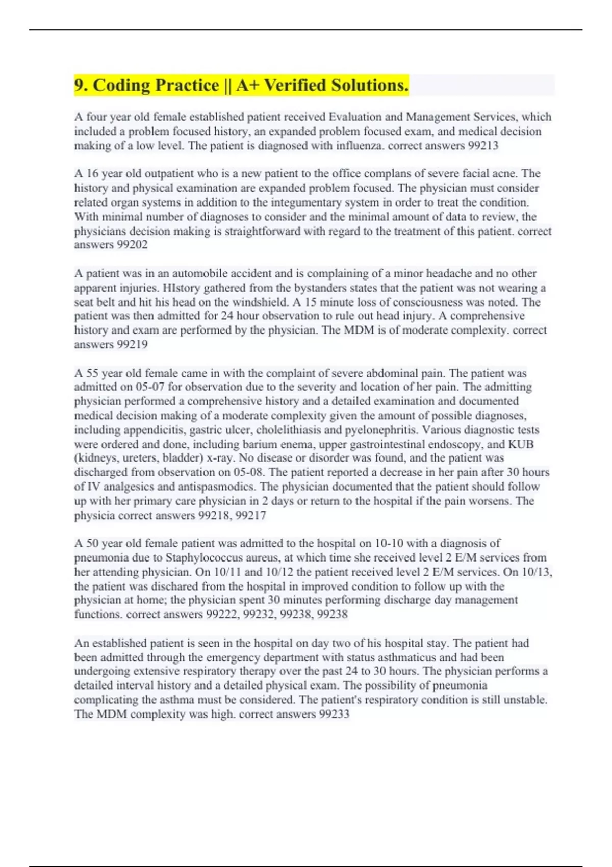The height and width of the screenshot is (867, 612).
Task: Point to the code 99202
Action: click(132, 245)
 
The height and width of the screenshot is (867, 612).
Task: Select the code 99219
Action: click(132, 345)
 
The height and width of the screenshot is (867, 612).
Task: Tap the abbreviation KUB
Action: click(521, 444)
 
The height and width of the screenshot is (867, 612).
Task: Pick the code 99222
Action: click(222, 615)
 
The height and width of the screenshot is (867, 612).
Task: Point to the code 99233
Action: click(334, 714)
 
